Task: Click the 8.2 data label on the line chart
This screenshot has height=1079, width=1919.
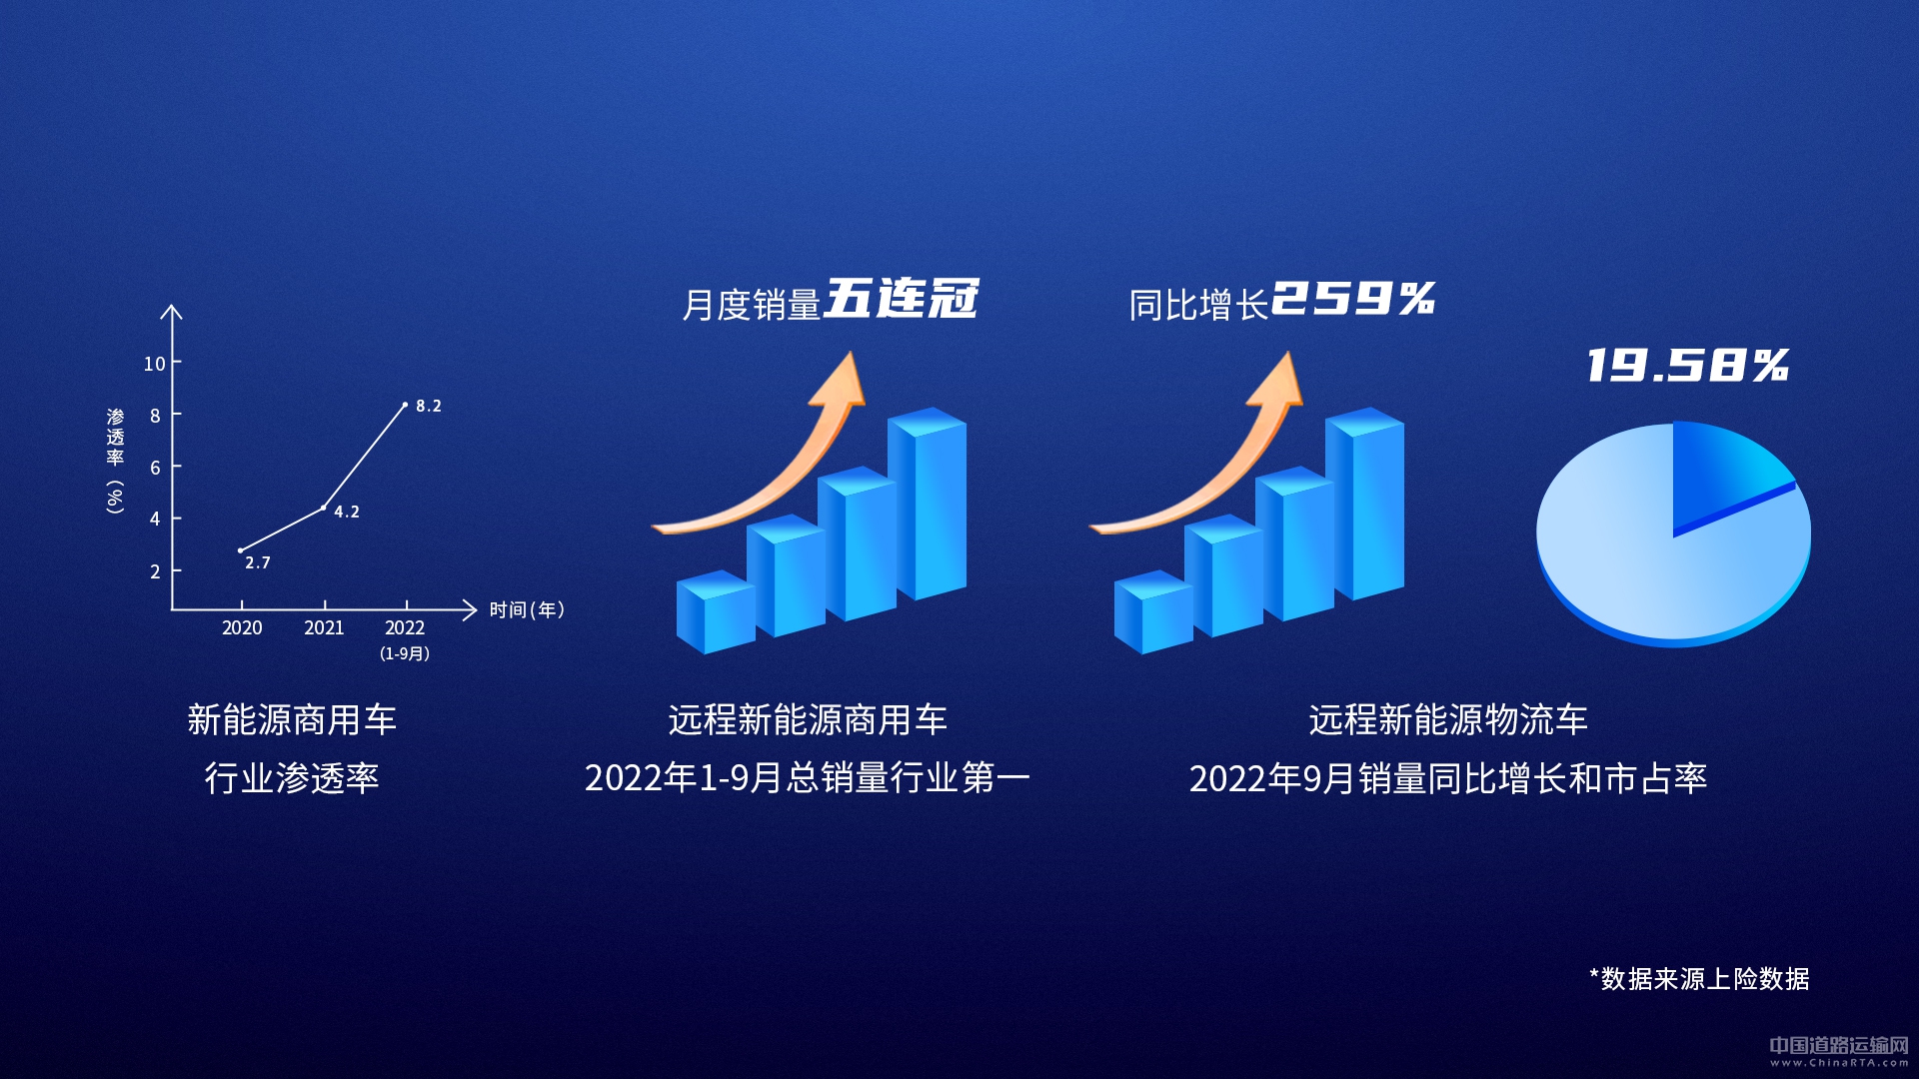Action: (x=429, y=406)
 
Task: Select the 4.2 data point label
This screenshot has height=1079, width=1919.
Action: (x=347, y=512)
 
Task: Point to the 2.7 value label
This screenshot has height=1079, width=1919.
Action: (x=258, y=562)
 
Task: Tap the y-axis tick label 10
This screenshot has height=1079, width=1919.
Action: (x=154, y=364)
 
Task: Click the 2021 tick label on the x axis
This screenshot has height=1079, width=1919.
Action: (x=324, y=627)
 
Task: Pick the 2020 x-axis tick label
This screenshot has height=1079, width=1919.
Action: (x=242, y=627)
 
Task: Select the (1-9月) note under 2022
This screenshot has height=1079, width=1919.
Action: (x=405, y=653)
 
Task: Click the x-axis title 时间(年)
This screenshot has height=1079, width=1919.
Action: (x=527, y=609)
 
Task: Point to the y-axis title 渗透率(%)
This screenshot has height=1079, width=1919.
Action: (x=116, y=461)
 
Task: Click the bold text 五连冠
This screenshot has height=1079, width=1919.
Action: (x=902, y=299)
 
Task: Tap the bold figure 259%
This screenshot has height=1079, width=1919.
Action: (x=1353, y=298)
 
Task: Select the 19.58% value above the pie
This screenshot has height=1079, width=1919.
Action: (x=1688, y=365)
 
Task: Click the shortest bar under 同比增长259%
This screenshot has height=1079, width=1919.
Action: (x=1153, y=611)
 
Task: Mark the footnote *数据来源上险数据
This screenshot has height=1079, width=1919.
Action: (x=1699, y=979)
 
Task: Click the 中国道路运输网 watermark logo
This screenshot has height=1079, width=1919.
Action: (x=1839, y=1050)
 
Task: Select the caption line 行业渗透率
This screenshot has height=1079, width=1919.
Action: (x=292, y=778)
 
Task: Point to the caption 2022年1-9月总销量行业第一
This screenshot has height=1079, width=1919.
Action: (x=808, y=778)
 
